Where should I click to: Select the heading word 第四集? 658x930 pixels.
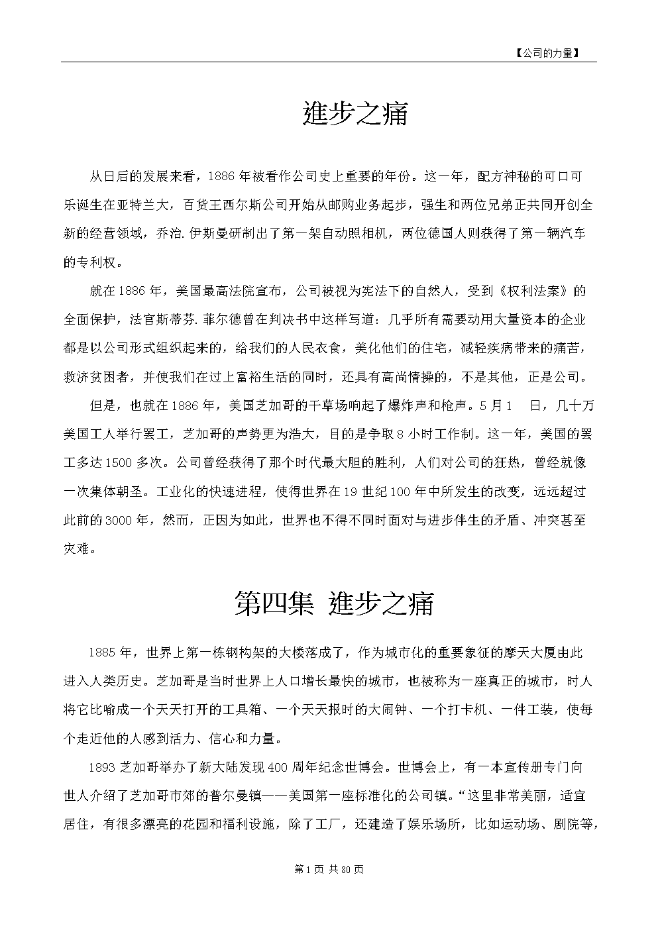tap(274, 603)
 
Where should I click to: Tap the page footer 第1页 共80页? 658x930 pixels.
tap(329, 869)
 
